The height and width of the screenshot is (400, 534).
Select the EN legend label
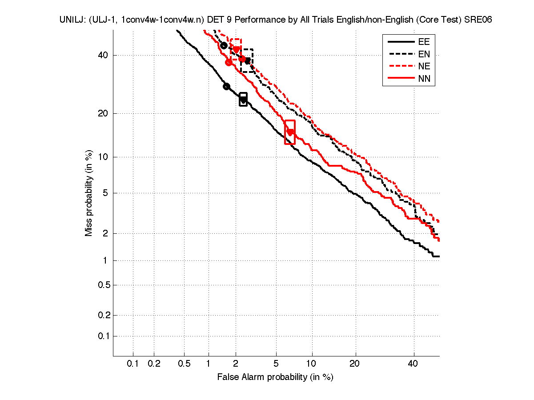click(423, 54)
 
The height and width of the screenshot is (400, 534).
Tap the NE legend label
click(423, 67)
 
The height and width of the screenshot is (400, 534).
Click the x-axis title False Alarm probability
click(275, 377)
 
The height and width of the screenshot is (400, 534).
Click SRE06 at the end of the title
click(478, 20)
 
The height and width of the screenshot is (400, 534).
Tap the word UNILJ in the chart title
click(70, 20)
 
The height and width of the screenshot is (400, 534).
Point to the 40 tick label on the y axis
click(103, 55)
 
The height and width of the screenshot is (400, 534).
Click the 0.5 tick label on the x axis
click(184, 364)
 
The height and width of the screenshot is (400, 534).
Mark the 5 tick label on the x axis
click(276, 364)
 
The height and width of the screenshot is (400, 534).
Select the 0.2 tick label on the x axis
click(154, 364)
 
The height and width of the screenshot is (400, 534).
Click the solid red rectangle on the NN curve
click(289, 132)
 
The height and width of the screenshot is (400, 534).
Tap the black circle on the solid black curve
click(226, 86)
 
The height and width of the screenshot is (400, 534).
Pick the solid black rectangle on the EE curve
click(243, 100)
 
